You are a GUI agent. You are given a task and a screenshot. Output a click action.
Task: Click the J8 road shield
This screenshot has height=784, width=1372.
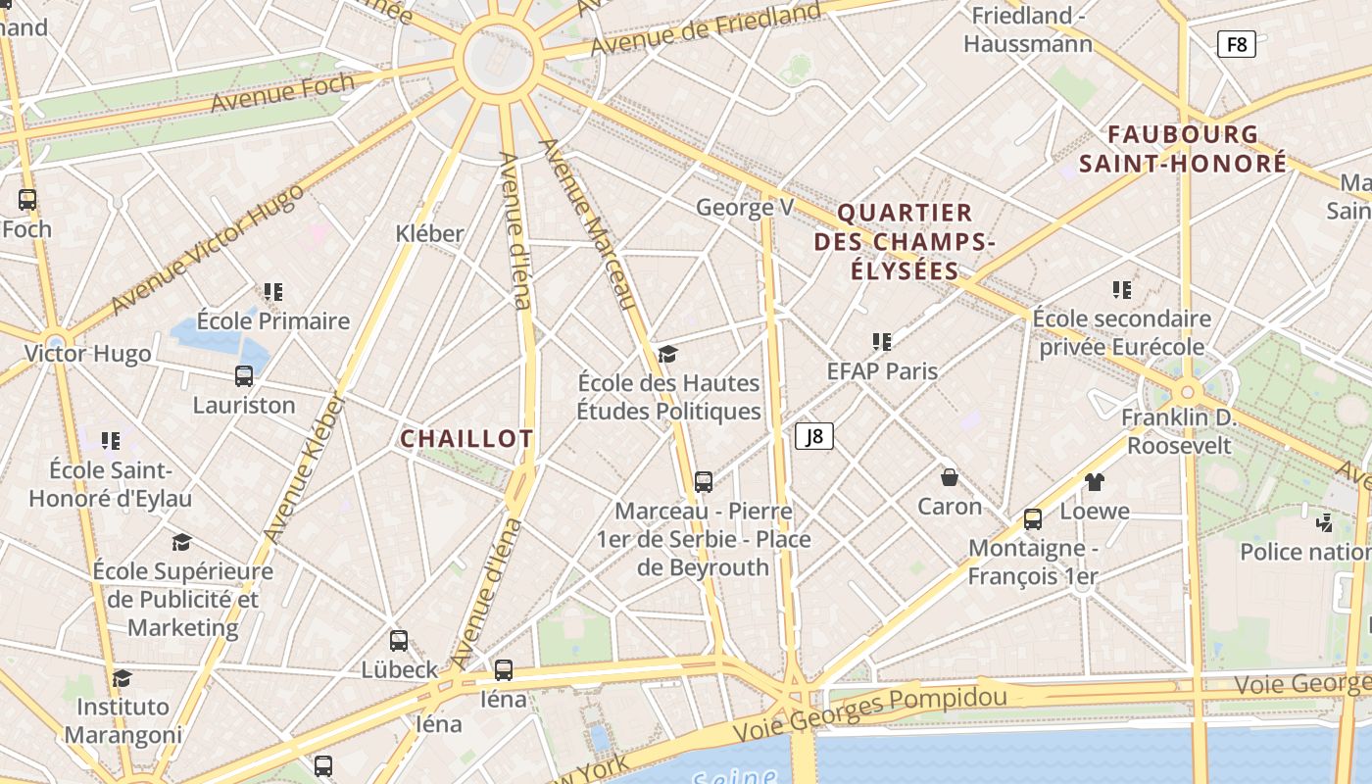coord(813,436)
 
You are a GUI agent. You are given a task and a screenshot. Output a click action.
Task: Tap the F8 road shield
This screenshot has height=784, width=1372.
coord(1237,43)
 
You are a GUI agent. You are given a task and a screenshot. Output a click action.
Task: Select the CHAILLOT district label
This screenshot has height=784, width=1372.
coord(466,439)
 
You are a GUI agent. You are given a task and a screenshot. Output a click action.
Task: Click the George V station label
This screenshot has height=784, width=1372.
coord(745,207)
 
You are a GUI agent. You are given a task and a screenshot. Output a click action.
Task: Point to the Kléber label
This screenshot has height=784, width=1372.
coord(429,233)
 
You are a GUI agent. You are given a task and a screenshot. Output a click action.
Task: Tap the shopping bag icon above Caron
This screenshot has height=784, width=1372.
coord(949,477)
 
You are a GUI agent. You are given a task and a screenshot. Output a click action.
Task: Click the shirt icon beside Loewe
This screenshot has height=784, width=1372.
coord(1095,481)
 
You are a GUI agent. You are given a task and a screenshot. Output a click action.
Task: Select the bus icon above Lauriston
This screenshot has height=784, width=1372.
coord(244,375)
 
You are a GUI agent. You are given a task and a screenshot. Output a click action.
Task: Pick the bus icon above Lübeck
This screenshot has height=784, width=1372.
coord(399,641)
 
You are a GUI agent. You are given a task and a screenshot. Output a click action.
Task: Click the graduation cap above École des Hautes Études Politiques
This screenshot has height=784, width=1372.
coord(667,353)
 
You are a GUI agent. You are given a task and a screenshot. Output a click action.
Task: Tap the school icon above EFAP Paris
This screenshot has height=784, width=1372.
coord(882,341)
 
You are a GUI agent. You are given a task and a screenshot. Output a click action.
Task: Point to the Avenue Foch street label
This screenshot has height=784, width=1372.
coord(282,93)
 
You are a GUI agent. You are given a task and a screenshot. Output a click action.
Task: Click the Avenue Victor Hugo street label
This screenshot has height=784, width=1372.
coord(207,249)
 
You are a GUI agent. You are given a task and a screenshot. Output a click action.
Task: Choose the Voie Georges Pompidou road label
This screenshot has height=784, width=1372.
coord(870,711)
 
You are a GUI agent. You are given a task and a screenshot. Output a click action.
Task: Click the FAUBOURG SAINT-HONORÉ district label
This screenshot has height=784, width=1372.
coord(1183,149)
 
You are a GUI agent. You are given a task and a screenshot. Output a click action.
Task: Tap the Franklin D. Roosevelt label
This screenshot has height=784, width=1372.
coord(1179,431)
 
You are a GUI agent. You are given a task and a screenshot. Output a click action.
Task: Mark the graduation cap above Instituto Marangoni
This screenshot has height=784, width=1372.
coord(122,678)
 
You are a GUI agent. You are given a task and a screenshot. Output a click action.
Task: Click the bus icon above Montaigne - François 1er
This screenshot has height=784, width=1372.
coord(1033,519)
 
